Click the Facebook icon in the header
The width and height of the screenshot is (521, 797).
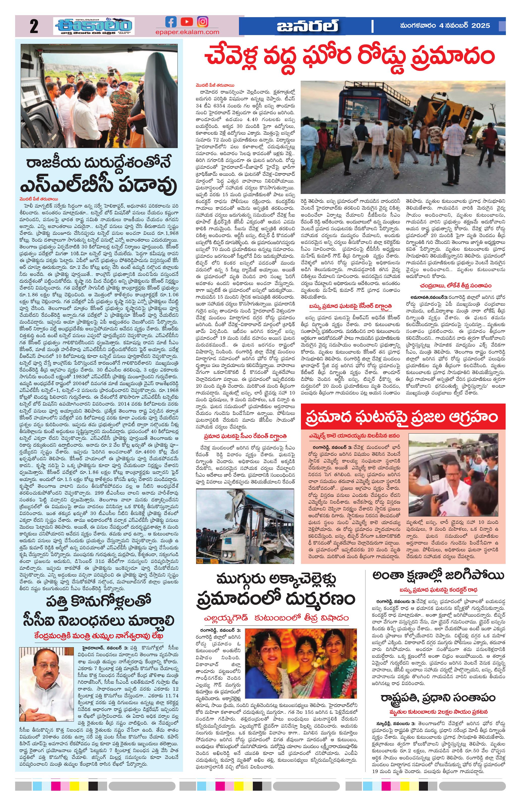click(x=171, y=22)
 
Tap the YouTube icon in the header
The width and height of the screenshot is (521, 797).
click(x=186, y=22)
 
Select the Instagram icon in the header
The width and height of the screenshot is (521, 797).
click(x=202, y=22)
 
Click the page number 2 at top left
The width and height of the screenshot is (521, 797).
click(x=34, y=26)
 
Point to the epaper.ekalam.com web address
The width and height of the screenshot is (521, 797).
click(x=187, y=32)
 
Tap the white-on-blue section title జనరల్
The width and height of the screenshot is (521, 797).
click(x=307, y=26)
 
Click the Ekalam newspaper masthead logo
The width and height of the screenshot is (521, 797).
click(x=94, y=26)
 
